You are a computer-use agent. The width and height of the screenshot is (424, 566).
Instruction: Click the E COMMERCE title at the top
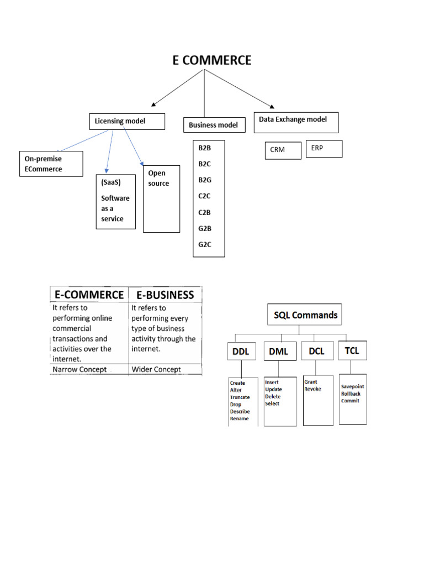(x=211, y=60)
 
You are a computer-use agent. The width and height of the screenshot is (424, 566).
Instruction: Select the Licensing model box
(x=127, y=122)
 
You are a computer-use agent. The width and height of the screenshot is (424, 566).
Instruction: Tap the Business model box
(x=213, y=125)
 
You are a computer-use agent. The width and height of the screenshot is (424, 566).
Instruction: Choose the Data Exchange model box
(x=295, y=122)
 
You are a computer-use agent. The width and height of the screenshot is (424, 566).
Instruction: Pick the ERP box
(x=324, y=149)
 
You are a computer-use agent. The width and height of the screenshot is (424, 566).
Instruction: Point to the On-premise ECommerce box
(x=51, y=164)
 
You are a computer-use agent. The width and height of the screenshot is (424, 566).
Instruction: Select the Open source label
(x=159, y=179)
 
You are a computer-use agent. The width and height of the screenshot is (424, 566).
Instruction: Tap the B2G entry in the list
(x=205, y=180)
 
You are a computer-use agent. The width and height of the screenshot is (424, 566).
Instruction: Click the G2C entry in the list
(x=205, y=244)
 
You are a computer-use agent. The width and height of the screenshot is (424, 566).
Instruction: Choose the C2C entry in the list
(x=205, y=196)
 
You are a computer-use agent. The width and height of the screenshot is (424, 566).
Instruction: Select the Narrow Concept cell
(x=79, y=369)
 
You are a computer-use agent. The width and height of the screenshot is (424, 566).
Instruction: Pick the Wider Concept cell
(x=156, y=369)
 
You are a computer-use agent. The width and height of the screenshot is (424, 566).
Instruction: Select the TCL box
(x=352, y=350)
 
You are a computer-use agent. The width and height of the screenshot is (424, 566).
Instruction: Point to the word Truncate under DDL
(x=240, y=397)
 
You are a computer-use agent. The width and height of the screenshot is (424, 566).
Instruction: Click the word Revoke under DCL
(x=312, y=389)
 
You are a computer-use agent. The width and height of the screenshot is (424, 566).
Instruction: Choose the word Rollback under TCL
(x=351, y=394)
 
